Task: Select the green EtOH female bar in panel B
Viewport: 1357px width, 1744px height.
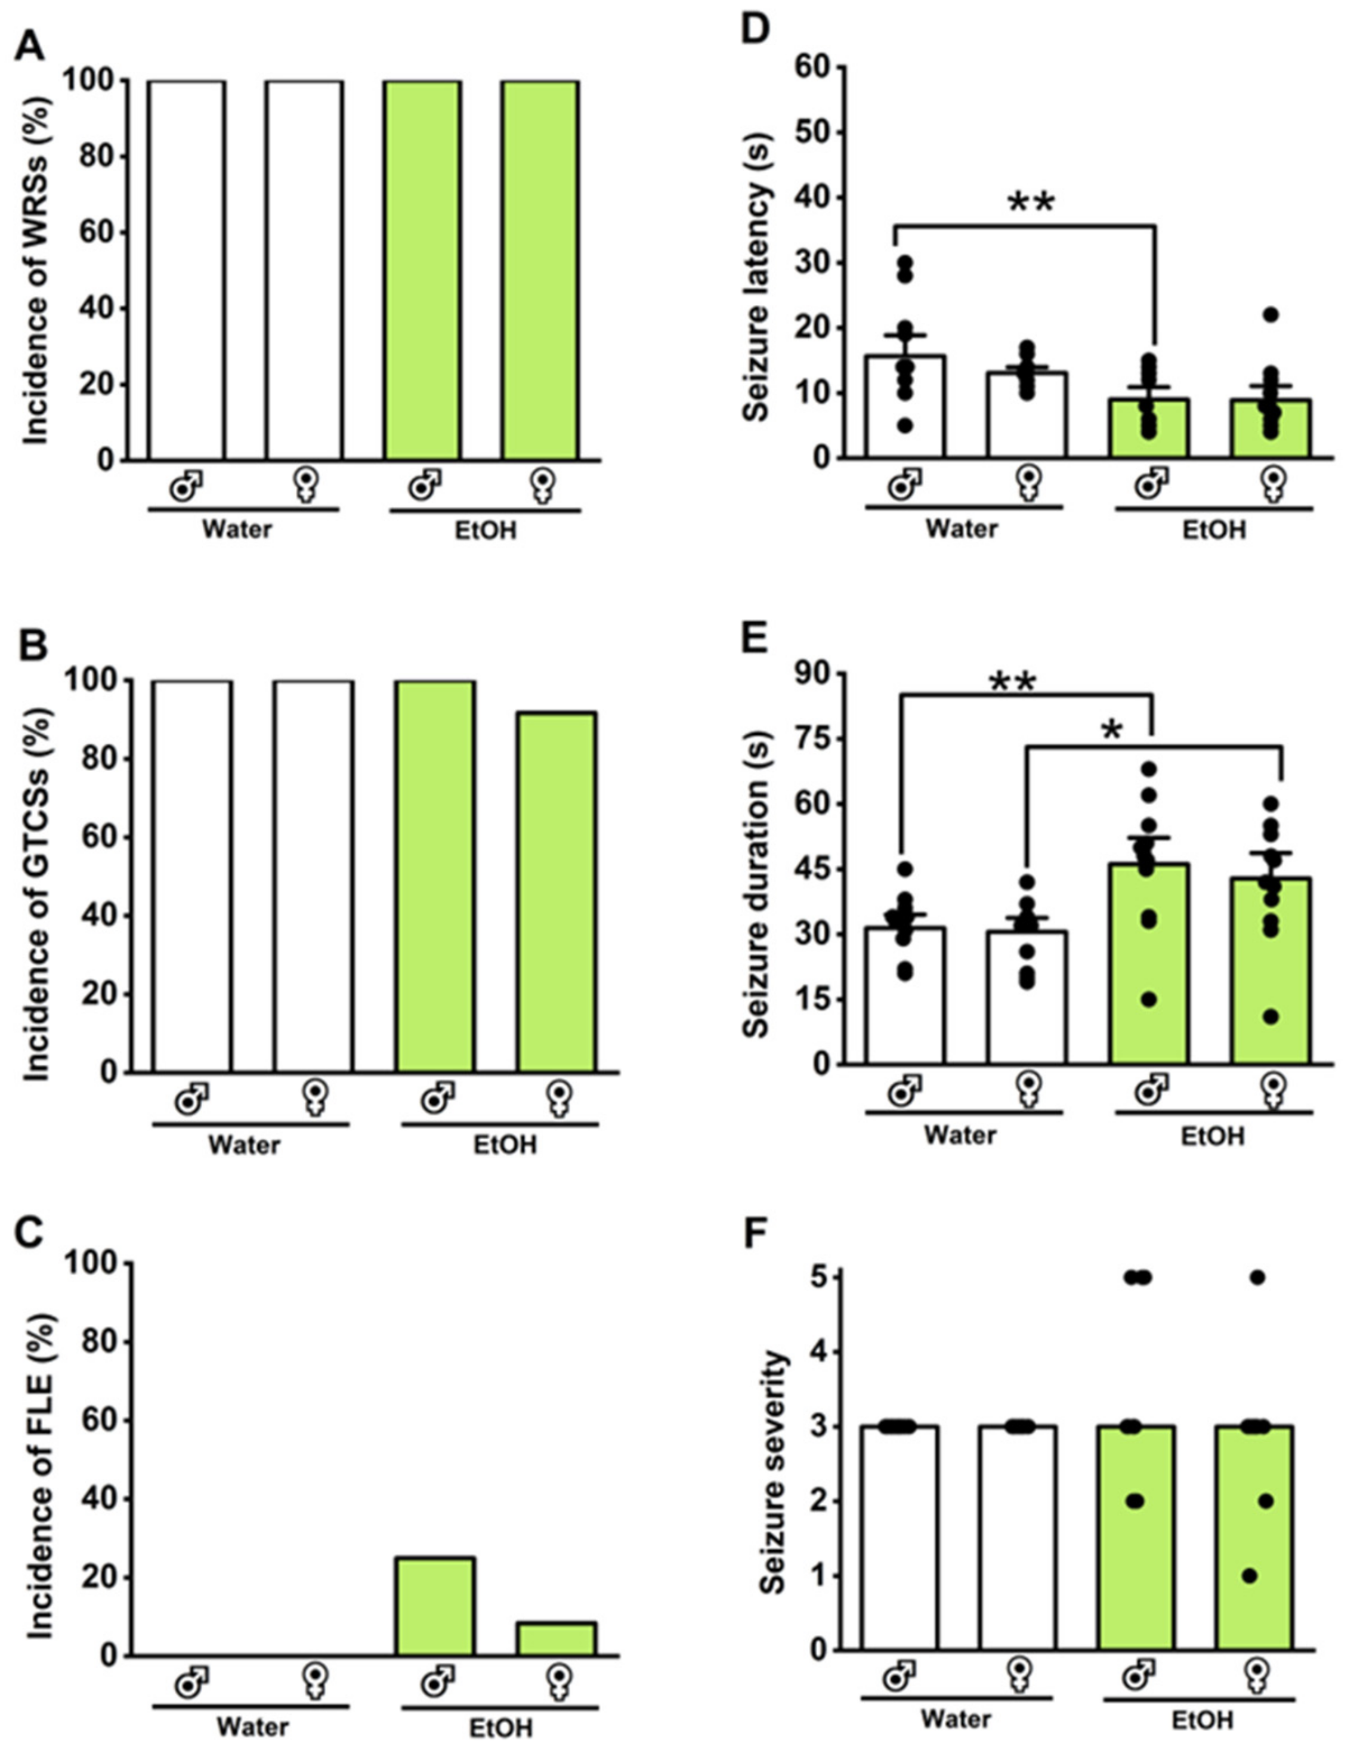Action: [556, 891]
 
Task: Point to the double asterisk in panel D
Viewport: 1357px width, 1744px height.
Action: [1032, 203]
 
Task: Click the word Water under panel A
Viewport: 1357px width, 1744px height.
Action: [237, 530]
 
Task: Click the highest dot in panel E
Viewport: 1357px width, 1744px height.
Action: [1149, 769]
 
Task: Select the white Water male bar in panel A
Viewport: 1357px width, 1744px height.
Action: [186, 271]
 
